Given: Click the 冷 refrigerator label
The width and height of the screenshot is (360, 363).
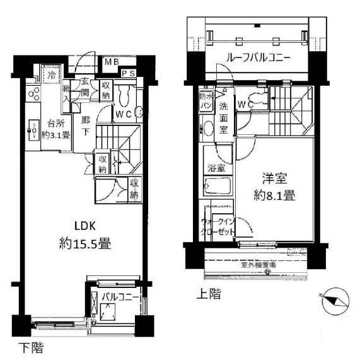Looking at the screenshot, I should point(52,74).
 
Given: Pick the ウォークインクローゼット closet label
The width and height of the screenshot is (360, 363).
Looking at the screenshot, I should point(218,226).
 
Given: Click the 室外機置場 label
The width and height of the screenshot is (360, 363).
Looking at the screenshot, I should point(259,264).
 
